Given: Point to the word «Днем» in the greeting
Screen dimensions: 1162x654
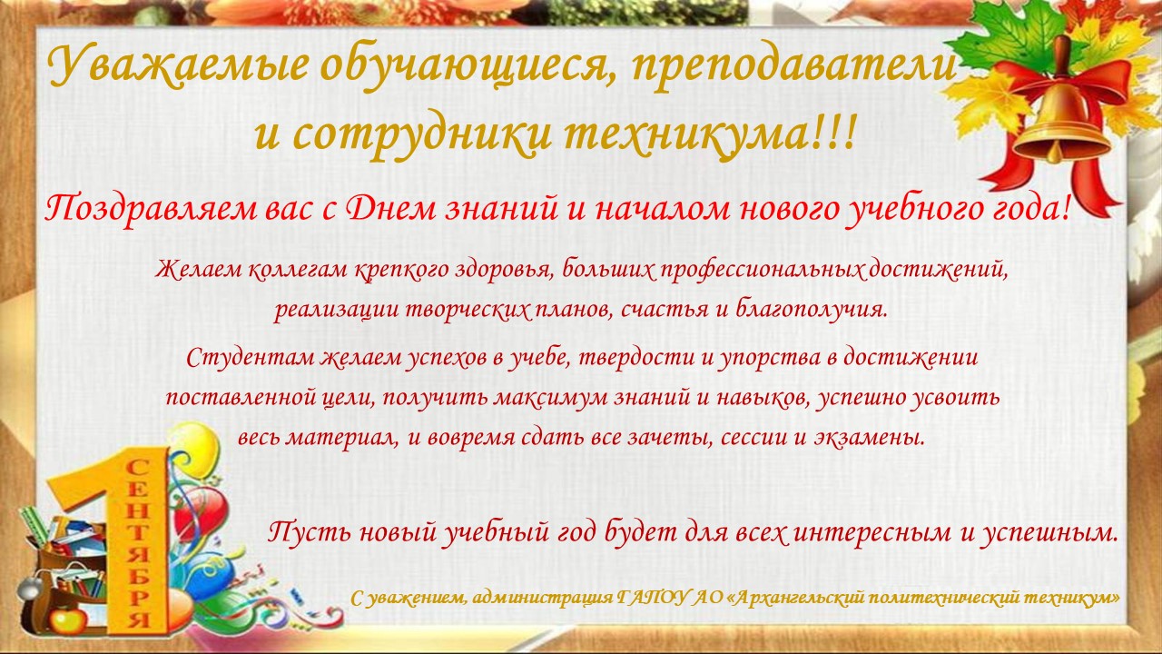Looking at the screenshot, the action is click(392, 209).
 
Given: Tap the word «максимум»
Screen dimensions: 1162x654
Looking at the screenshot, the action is click(550, 398).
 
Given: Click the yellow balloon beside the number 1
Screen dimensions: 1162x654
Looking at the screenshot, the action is click(193, 448).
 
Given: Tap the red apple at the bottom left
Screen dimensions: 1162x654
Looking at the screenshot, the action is click(67, 619).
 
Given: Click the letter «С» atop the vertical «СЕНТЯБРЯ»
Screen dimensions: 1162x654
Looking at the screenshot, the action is click(138, 468).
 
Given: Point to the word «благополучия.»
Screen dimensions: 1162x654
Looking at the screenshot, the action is click(812, 310).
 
